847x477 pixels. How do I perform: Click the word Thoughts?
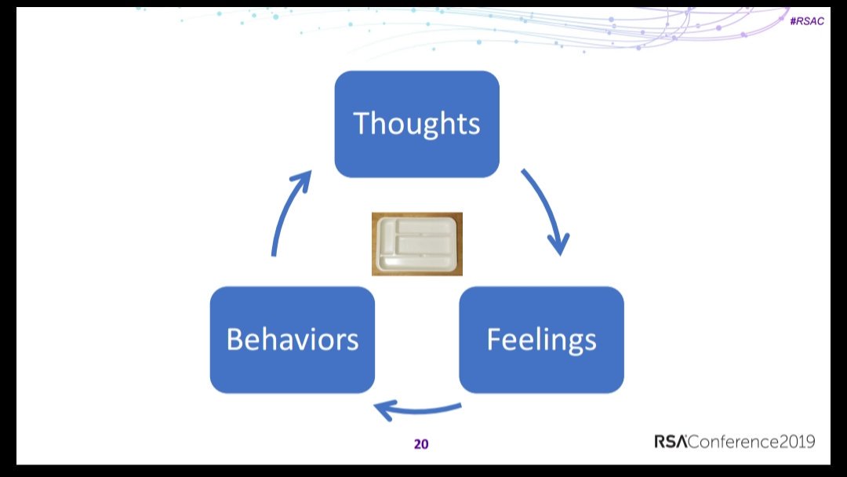(x=416, y=123)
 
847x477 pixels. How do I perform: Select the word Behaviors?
(x=293, y=339)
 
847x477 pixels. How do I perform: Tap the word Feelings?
(x=541, y=340)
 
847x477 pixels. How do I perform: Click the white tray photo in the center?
(x=417, y=244)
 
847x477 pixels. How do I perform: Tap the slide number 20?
(x=421, y=444)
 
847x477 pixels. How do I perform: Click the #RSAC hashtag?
(x=807, y=21)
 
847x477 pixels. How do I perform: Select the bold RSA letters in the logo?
(x=671, y=442)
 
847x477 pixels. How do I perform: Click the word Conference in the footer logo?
(x=733, y=442)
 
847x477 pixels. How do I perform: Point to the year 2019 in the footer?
(x=798, y=442)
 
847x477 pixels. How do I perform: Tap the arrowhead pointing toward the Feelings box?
(x=559, y=244)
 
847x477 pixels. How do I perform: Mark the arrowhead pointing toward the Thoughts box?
(x=303, y=180)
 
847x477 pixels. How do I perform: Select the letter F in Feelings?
(x=494, y=339)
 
